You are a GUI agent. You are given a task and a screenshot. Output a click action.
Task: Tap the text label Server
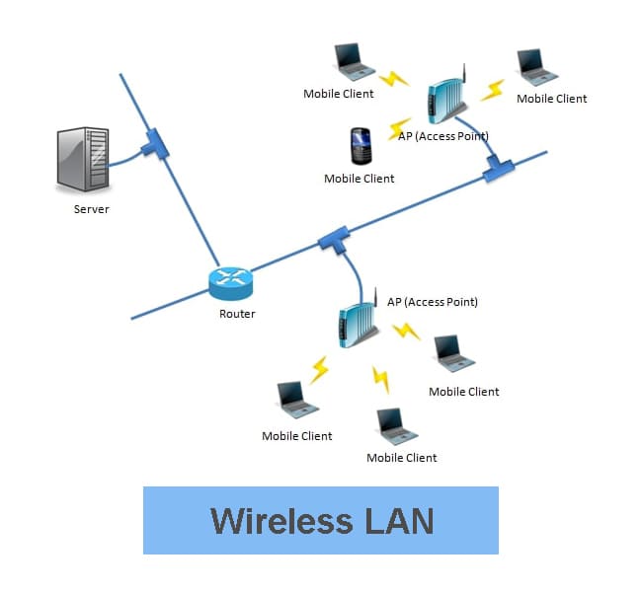(92, 209)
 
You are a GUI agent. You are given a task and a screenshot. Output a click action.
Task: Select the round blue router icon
(231, 283)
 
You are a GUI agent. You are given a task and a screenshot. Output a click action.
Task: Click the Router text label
(237, 314)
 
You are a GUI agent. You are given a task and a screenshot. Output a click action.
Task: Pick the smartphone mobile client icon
(361, 146)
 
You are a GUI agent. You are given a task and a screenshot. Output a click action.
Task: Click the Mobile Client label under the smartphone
(360, 179)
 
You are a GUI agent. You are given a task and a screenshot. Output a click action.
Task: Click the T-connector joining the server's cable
(154, 146)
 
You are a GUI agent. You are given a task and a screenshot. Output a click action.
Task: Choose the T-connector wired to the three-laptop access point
(333, 240)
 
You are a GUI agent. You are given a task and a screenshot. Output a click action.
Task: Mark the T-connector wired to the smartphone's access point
(498, 169)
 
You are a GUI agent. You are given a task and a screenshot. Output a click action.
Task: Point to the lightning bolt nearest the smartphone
(400, 128)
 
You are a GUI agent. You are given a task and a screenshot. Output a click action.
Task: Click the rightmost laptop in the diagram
(538, 66)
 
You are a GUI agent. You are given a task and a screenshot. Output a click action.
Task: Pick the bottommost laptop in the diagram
(392, 426)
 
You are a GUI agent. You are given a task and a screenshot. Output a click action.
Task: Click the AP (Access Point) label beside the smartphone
(444, 136)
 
